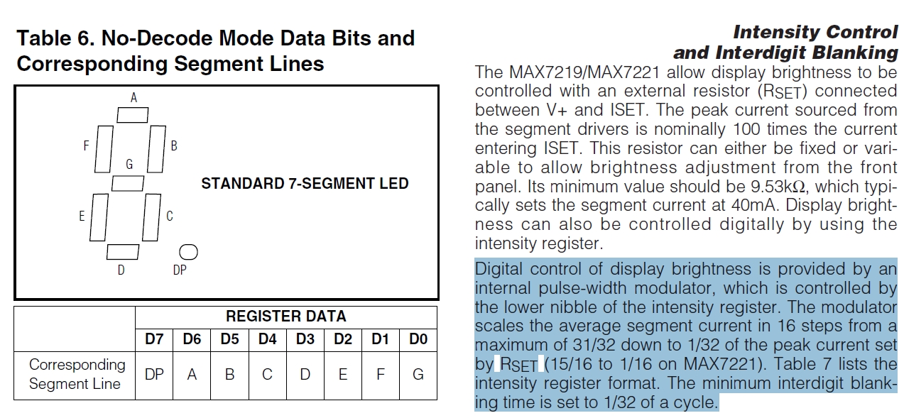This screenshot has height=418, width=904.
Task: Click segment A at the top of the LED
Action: pos(133,115)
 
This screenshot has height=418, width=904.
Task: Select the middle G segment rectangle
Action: pos(128,182)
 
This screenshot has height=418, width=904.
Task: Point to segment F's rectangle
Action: pos(104,149)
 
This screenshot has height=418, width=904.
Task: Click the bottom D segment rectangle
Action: pos(123,251)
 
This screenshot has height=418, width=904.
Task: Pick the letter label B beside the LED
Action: pos(174,145)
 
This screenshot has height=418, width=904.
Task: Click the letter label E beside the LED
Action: pos(82,216)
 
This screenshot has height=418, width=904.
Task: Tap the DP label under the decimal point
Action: pos(180,270)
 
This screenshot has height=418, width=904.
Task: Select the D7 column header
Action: pos(154,339)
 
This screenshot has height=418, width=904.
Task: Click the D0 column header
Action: pos(418,339)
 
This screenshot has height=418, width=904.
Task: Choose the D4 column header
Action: pos(267,339)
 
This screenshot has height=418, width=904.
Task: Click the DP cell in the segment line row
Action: pos(154,374)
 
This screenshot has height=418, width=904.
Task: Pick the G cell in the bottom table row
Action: pos(418,374)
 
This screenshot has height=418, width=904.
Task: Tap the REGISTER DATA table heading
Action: pos(285,317)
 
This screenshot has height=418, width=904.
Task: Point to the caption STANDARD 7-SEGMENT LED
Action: pos(305,184)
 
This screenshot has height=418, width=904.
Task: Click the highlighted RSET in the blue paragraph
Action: pos(518,365)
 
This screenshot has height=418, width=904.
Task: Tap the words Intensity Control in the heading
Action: pos(815,32)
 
